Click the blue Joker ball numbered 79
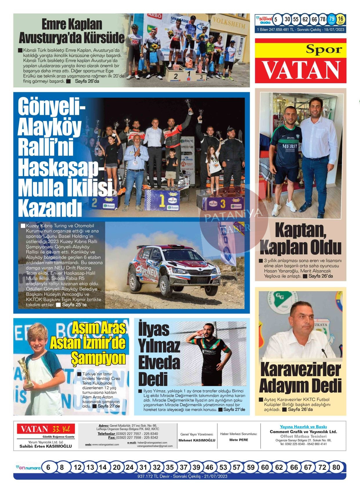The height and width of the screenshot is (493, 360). (332, 19)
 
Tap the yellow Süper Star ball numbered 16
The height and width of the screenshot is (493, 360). (341, 19)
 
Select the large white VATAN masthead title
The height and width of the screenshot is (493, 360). (301, 70)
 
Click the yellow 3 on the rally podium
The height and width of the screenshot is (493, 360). (222, 203)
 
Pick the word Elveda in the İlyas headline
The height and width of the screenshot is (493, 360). (159, 362)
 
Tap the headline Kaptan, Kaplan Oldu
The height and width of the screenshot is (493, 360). (301, 238)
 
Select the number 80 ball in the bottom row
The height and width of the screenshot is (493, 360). (336, 467)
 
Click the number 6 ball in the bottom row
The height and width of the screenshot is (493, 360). (48, 467)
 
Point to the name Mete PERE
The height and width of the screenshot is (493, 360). (238, 440)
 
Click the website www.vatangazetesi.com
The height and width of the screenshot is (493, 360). (105, 445)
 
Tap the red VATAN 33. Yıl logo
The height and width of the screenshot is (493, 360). (46, 429)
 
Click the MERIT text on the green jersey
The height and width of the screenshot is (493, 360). (290, 146)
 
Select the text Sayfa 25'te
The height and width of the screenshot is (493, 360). (74, 305)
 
